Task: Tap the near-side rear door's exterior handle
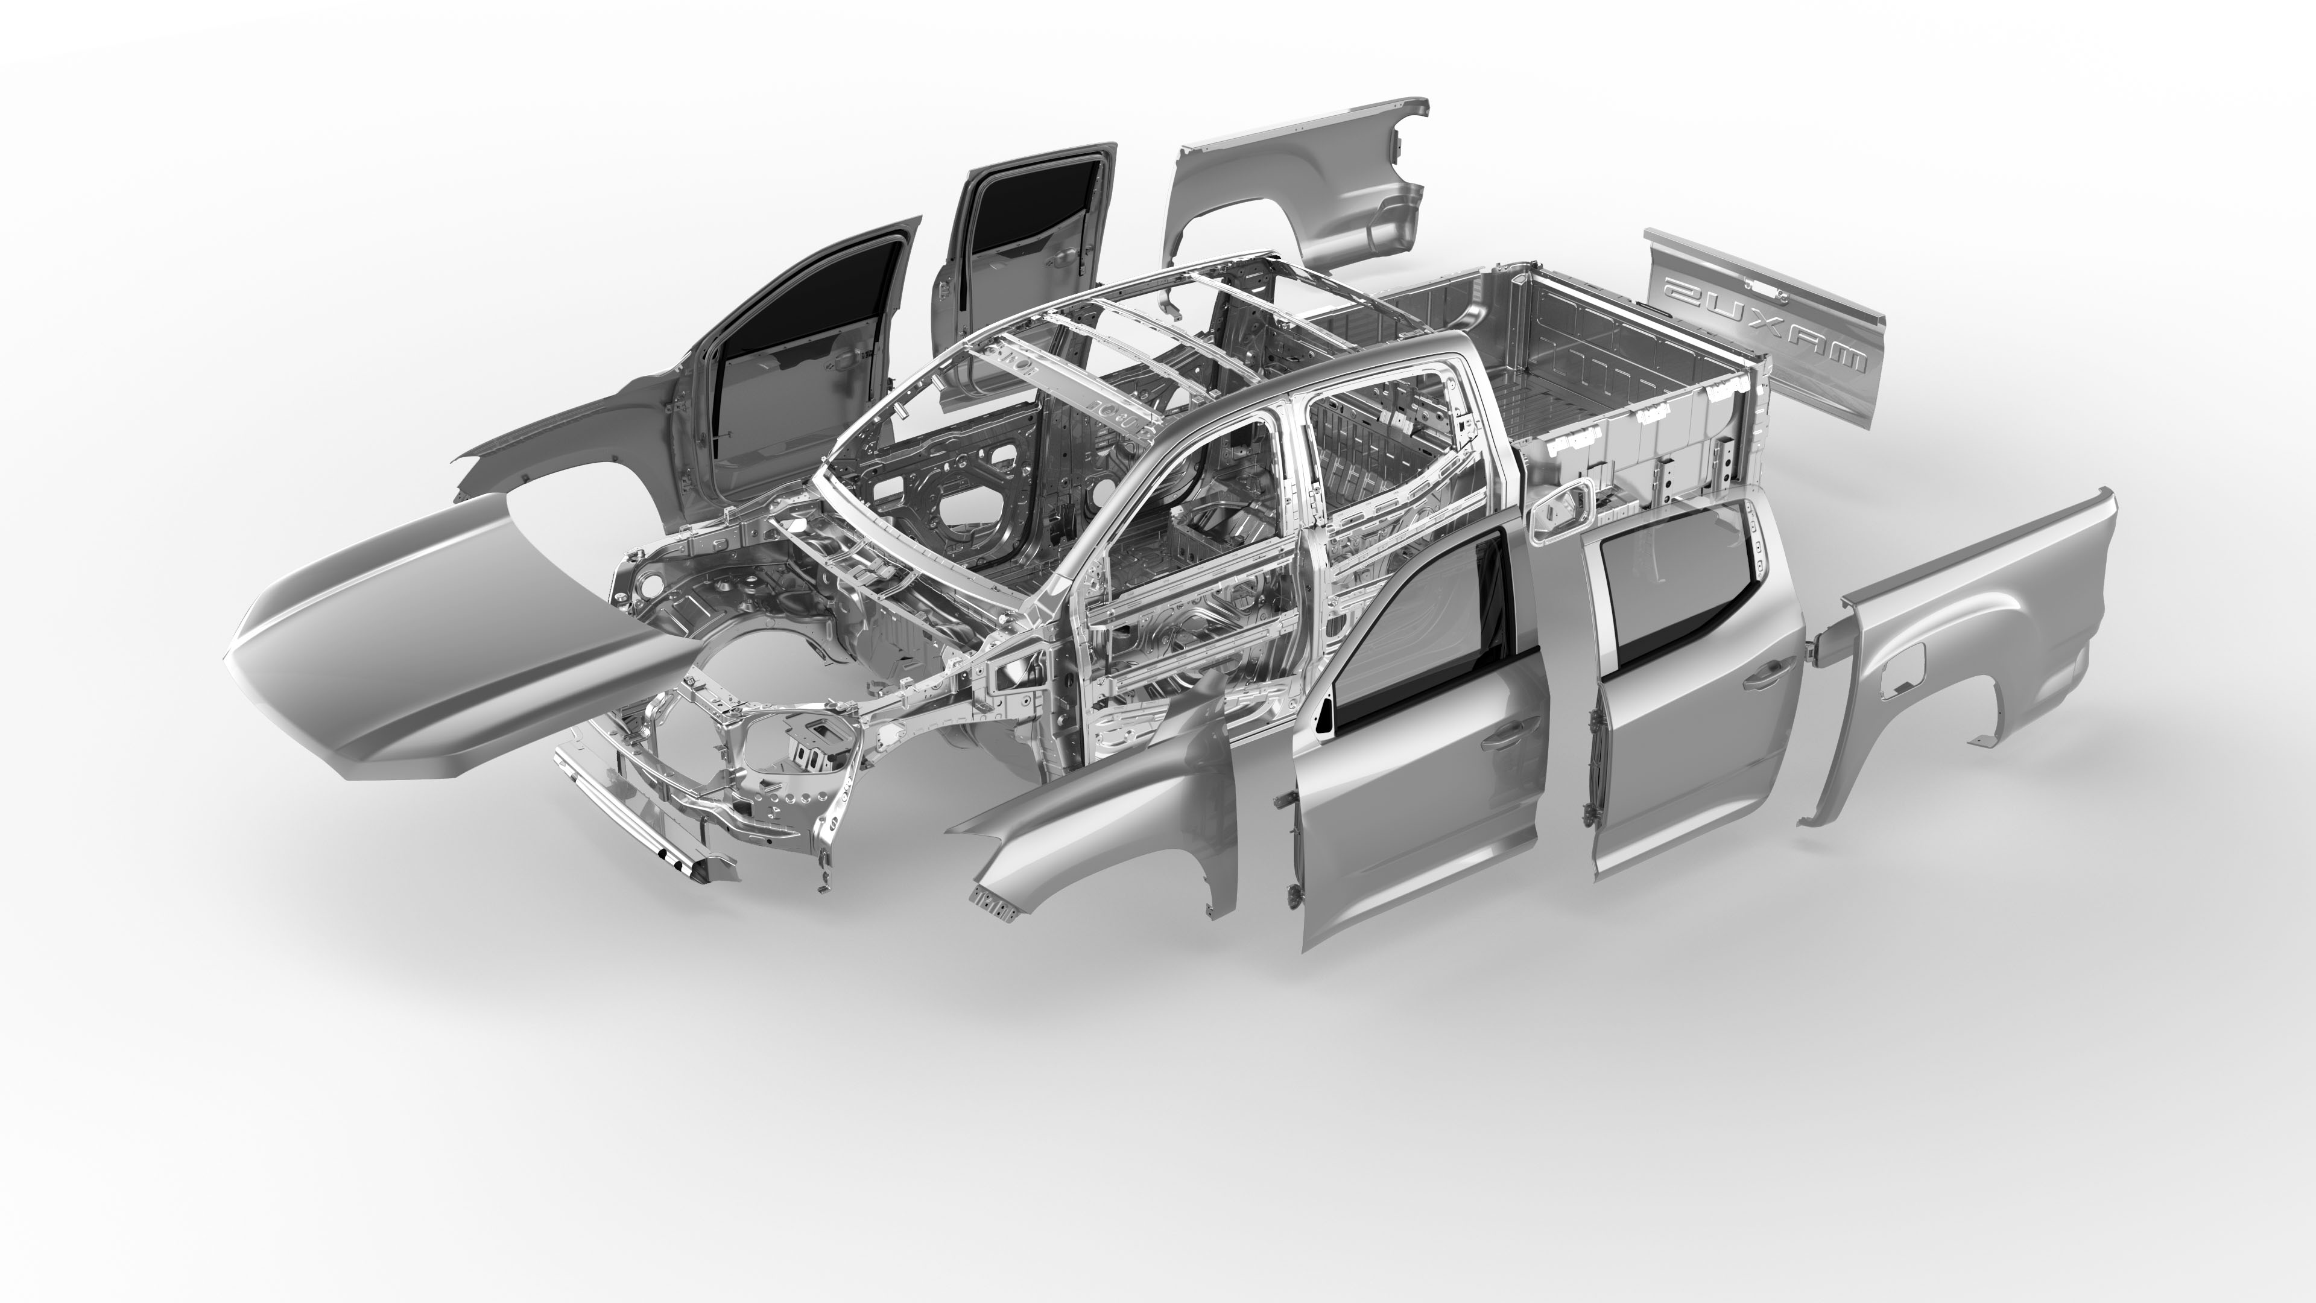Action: click(x=1767, y=679)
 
